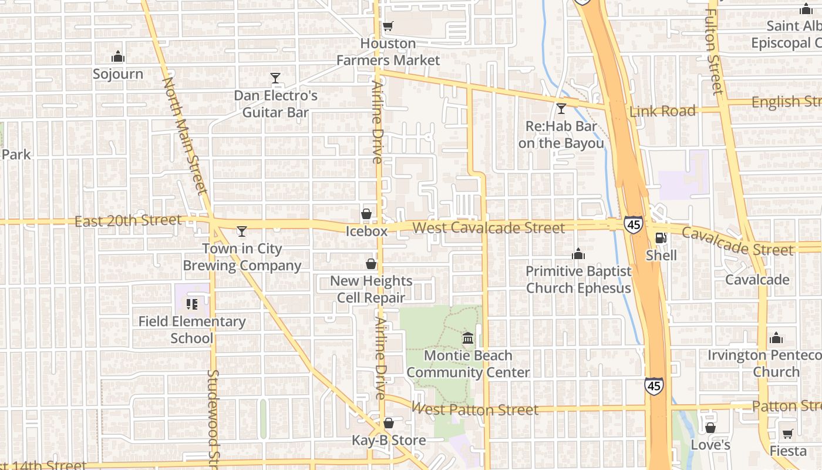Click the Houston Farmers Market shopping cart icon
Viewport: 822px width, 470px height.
click(x=388, y=26)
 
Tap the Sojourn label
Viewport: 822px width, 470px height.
click(x=118, y=74)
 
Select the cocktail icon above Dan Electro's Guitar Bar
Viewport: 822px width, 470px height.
click(x=275, y=78)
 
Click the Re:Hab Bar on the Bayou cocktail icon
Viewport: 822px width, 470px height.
click(x=561, y=109)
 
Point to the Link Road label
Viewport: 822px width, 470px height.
click(x=663, y=111)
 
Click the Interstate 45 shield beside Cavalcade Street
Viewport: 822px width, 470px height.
click(x=633, y=224)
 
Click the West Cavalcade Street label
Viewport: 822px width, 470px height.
click(x=489, y=228)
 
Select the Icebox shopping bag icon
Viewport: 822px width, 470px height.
click(x=366, y=214)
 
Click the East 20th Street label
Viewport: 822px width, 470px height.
click(x=128, y=221)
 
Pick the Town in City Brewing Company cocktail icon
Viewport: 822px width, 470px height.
click(x=241, y=231)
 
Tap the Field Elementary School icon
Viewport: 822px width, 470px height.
click(x=191, y=304)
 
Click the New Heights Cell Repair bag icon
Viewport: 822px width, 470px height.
click(x=371, y=264)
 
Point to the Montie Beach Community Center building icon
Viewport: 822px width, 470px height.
click(x=468, y=338)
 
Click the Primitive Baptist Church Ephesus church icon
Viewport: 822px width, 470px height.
click(x=578, y=254)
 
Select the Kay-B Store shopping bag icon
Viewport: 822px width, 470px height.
click(x=388, y=423)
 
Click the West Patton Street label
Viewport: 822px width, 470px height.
click(x=475, y=409)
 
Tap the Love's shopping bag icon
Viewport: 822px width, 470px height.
click(x=710, y=428)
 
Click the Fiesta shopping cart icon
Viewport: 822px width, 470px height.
click(x=788, y=434)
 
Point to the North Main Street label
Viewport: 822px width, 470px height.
click(x=185, y=136)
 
